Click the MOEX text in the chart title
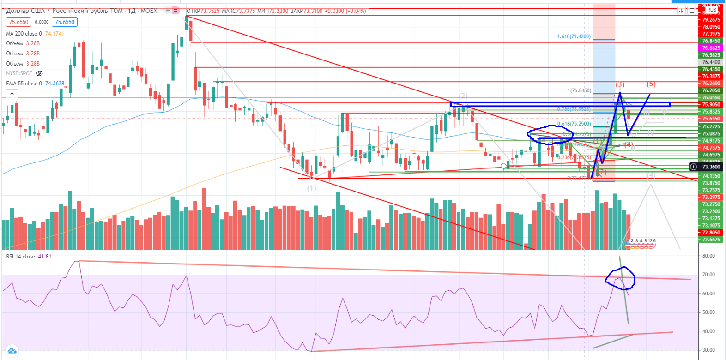pos(149,11)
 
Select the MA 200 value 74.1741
pos(54,34)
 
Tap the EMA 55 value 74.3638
pos(54,84)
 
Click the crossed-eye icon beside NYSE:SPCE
pos(40,73)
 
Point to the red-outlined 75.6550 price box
pos(19,22)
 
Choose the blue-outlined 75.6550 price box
pos(65,22)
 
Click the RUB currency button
pos(712,10)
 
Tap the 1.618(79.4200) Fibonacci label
pos(574,36)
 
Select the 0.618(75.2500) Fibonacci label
pos(574,124)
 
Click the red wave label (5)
pos(651,84)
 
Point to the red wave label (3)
pos(620,84)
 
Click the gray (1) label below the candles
pos(312,188)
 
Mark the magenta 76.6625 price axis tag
pos(711,48)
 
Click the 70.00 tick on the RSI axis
pos(708,275)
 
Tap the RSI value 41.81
pos(45,257)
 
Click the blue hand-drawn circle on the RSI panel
pos(620,279)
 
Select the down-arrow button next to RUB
pos(681,11)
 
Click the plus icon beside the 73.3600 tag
pos(693,167)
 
